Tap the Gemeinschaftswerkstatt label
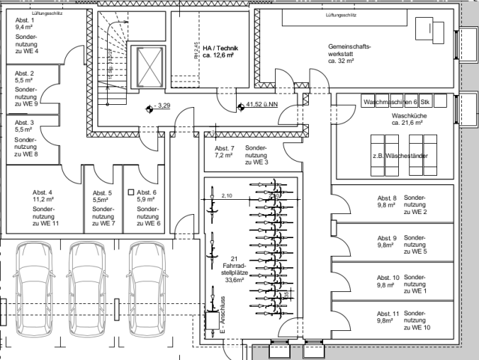click(x=349, y=54)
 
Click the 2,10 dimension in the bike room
click(x=227, y=196)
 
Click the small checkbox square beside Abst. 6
click(x=130, y=192)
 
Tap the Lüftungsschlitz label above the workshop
click(x=341, y=15)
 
